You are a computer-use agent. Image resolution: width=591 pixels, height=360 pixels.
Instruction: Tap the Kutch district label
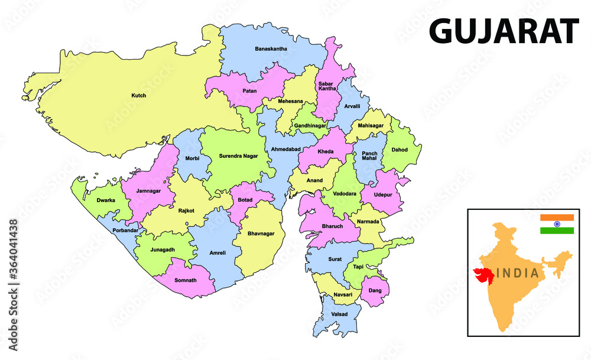click(x=139, y=95)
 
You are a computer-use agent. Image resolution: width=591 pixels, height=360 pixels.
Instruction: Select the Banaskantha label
click(x=271, y=48)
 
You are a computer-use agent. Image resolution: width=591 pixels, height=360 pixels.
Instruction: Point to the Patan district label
click(x=249, y=91)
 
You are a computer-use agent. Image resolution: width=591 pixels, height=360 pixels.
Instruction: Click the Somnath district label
click(x=186, y=279)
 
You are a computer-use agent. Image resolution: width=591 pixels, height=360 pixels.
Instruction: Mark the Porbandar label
click(x=124, y=229)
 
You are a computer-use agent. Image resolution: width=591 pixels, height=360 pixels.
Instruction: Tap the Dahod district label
click(x=400, y=150)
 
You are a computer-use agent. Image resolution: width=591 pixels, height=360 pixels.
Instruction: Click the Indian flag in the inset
click(x=557, y=224)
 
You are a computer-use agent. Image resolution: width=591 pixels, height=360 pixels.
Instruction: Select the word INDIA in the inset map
click(x=517, y=273)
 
